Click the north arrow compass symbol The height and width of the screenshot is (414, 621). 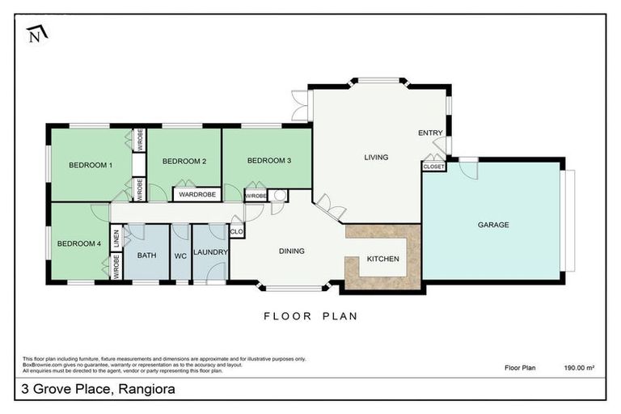pyautogui.click(x=36, y=35)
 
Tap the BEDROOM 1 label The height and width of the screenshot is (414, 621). pyautogui.click(x=90, y=165)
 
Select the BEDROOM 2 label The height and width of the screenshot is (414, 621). pyautogui.click(x=184, y=162)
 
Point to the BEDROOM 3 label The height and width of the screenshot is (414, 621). pyautogui.click(x=268, y=161)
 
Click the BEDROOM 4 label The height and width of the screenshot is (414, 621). pyautogui.click(x=78, y=243)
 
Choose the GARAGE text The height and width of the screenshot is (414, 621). pyautogui.click(x=492, y=225)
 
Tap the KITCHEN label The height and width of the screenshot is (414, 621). pyautogui.click(x=382, y=260)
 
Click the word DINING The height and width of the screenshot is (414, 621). pyautogui.click(x=291, y=251)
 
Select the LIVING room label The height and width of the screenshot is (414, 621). pyautogui.click(x=376, y=158)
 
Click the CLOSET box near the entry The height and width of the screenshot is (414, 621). pyautogui.click(x=433, y=167)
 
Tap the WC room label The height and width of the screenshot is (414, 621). pyautogui.click(x=180, y=256)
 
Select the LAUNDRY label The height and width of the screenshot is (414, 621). pyautogui.click(x=210, y=253)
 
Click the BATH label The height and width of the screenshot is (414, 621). pyautogui.click(x=146, y=256)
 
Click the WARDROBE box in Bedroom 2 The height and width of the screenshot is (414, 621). pyautogui.click(x=196, y=195)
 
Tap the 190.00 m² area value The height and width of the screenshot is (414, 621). pyautogui.click(x=579, y=368)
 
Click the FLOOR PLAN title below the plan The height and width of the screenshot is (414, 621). pyautogui.click(x=310, y=316)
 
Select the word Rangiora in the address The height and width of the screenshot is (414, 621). pyautogui.click(x=148, y=389)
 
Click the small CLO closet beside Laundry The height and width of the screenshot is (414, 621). pyautogui.click(x=236, y=232)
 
